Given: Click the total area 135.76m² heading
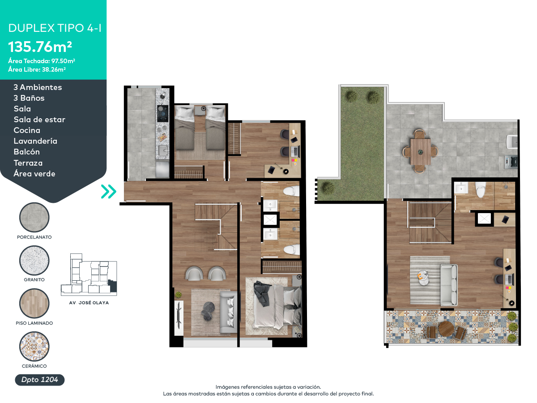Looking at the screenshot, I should (40, 46).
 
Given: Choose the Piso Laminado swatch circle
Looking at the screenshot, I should (34, 304).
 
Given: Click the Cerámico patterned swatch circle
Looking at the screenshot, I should (34, 347).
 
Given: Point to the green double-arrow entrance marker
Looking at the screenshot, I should (108, 192).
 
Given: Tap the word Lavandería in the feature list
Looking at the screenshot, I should (35, 141).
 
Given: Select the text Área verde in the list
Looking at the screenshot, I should (34, 174).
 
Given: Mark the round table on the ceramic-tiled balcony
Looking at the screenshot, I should (446, 329).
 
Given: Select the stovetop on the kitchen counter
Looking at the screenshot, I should (162, 114).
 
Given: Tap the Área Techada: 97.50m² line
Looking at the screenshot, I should (41, 61).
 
